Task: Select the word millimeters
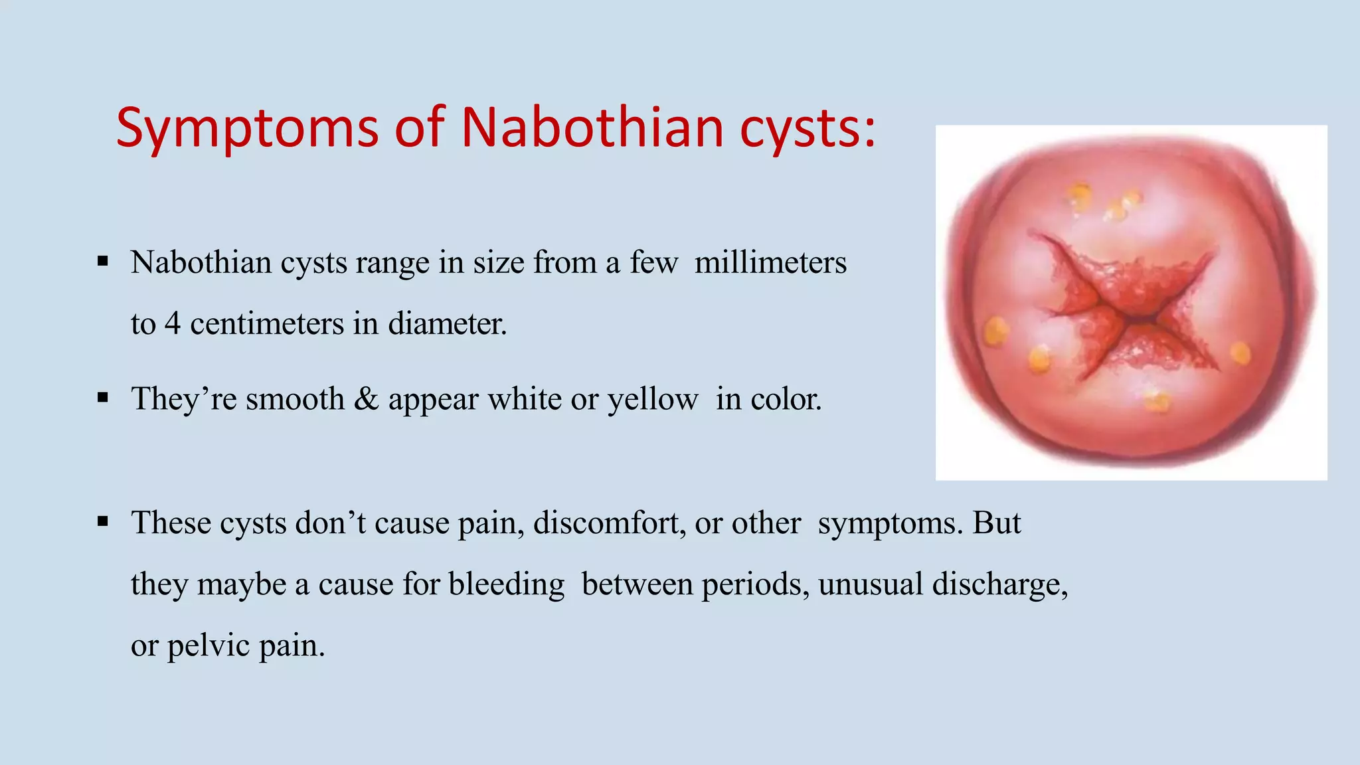pos(770,262)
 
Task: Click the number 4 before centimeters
pos(173,324)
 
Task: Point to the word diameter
pos(446,324)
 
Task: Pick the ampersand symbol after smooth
pos(366,399)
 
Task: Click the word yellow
pos(652,400)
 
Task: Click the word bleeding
pos(506,584)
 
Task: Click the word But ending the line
pos(996,523)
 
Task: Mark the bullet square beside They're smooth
pos(102,398)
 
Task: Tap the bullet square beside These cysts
pos(102,522)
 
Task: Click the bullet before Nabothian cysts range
pos(102,262)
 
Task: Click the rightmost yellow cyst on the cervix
pos(1240,353)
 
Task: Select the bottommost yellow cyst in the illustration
pos(1156,400)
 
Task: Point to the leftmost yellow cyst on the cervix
pos(996,331)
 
